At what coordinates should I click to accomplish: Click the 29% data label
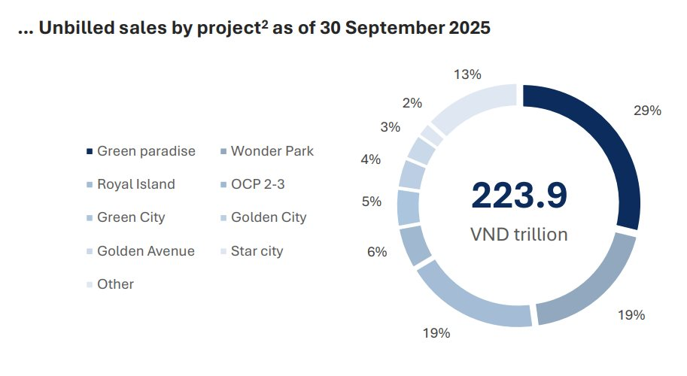point(646,111)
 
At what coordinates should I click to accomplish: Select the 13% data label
point(467,74)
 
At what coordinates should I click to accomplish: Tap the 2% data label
point(412,103)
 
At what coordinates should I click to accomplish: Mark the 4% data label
point(370,159)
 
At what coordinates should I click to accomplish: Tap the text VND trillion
point(518,234)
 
